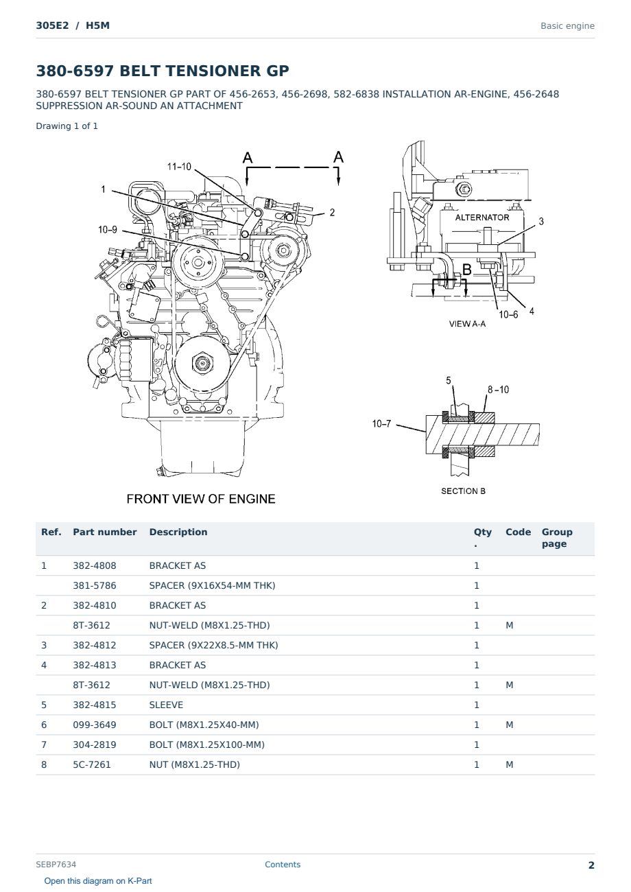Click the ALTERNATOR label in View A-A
pos(482,218)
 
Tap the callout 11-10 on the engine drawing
pos(179,167)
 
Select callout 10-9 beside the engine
pos(108,229)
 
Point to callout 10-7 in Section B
pos(381,424)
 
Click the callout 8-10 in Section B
pos(498,390)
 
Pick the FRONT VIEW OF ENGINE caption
pos(201,499)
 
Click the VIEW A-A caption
pos(467,324)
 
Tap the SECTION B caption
pos(463,491)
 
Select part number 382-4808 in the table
pos(95,565)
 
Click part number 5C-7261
pos(92,764)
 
